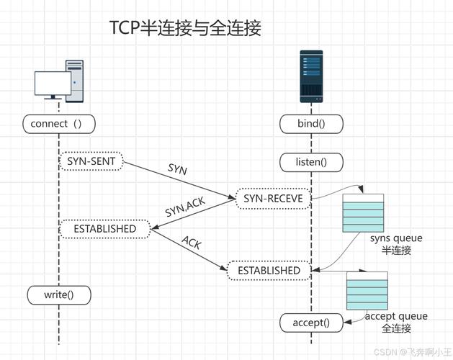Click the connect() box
(x=59, y=124)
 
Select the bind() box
(x=311, y=124)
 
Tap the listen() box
(x=311, y=162)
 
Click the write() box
(x=59, y=295)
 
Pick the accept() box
(x=311, y=323)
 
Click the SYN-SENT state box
(x=91, y=161)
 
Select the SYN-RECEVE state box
(x=273, y=199)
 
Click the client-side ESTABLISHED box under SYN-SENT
(x=105, y=229)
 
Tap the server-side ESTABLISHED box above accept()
(x=269, y=271)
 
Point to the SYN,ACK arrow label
(x=185, y=207)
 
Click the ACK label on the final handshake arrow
(x=192, y=242)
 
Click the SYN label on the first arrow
(x=177, y=168)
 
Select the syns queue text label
(x=396, y=238)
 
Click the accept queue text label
(x=396, y=316)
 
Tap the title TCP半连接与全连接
(x=186, y=28)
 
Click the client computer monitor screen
(x=53, y=84)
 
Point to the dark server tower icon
(x=311, y=76)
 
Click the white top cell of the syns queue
(x=363, y=197)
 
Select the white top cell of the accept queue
(x=367, y=276)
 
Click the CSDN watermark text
(x=413, y=352)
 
